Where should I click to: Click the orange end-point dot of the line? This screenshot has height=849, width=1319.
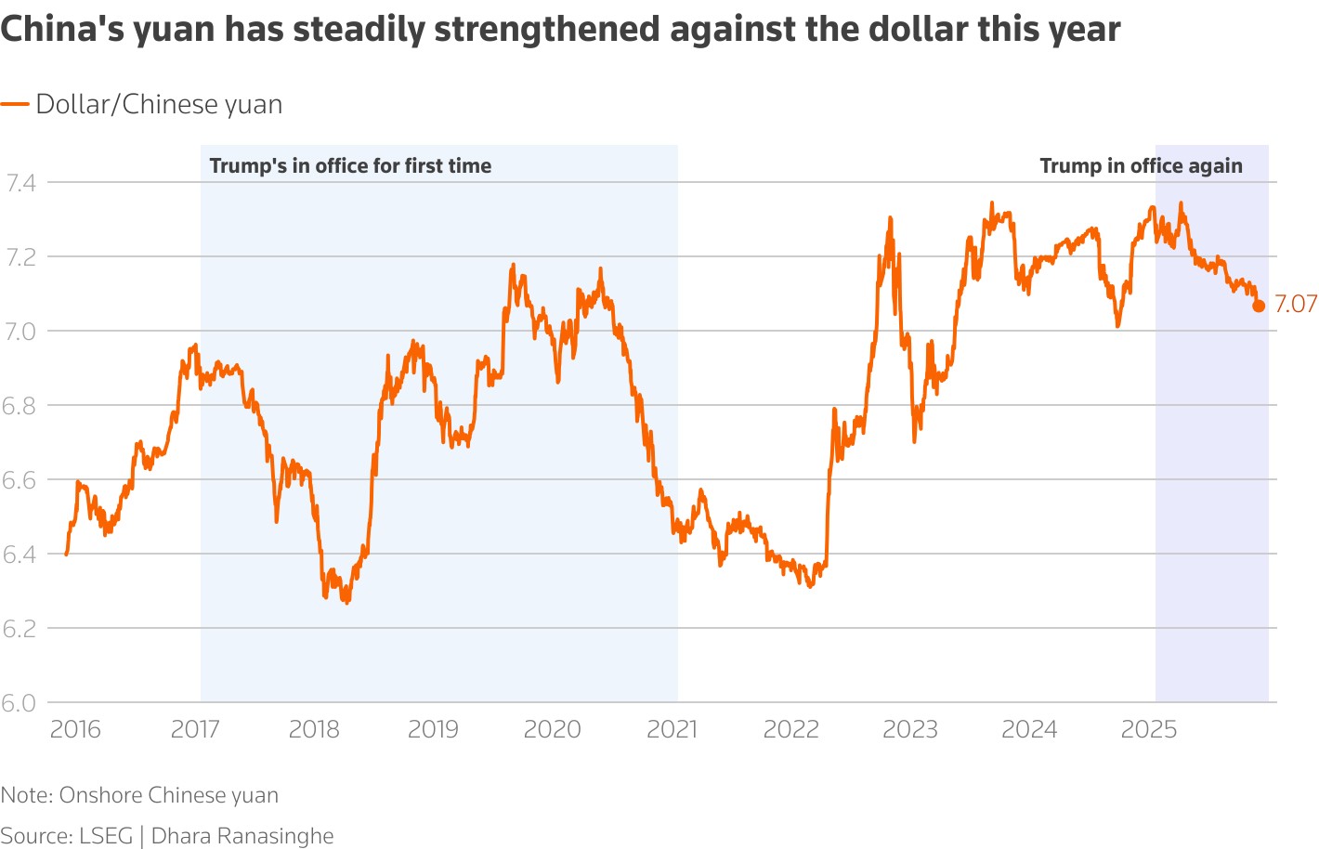(1259, 306)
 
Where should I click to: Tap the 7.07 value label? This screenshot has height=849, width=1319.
(1296, 304)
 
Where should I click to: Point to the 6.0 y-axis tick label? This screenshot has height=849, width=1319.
(19, 703)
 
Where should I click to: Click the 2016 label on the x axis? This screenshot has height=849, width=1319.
(75, 729)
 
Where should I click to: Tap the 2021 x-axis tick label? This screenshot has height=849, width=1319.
(672, 729)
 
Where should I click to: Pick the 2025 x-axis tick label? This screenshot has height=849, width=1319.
(1149, 729)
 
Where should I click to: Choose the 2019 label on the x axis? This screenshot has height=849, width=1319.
(433, 729)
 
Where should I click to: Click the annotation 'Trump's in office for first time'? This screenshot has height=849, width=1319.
(350, 166)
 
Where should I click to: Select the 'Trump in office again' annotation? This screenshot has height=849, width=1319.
(1141, 166)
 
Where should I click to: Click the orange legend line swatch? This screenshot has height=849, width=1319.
(15, 105)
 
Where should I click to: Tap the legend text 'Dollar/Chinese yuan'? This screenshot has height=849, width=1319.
(159, 105)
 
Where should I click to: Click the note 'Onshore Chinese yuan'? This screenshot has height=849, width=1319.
(168, 795)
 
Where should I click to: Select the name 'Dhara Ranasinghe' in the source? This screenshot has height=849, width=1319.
(242, 836)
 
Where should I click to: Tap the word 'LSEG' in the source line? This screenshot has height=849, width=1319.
(106, 836)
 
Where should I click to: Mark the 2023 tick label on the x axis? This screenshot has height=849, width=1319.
(910, 729)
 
